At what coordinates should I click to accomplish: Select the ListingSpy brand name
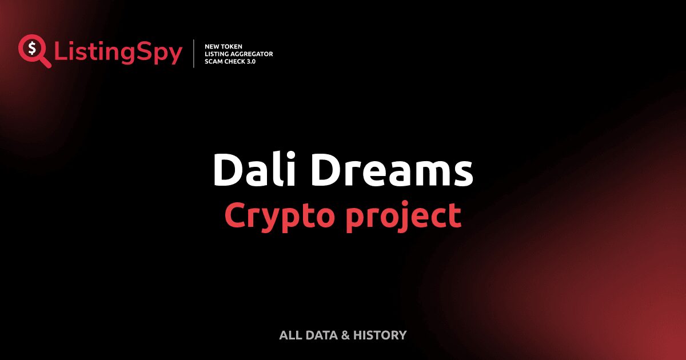[118, 53]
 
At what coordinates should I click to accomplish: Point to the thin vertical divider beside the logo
[194, 54]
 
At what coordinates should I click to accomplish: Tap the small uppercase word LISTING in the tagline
[217, 54]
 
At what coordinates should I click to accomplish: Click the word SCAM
[214, 61]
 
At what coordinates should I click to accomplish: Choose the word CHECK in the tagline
[235, 61]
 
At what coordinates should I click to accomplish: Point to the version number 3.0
[252, 61]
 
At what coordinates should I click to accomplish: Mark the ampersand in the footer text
[345, 335]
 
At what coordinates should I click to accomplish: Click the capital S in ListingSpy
[143, 53]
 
